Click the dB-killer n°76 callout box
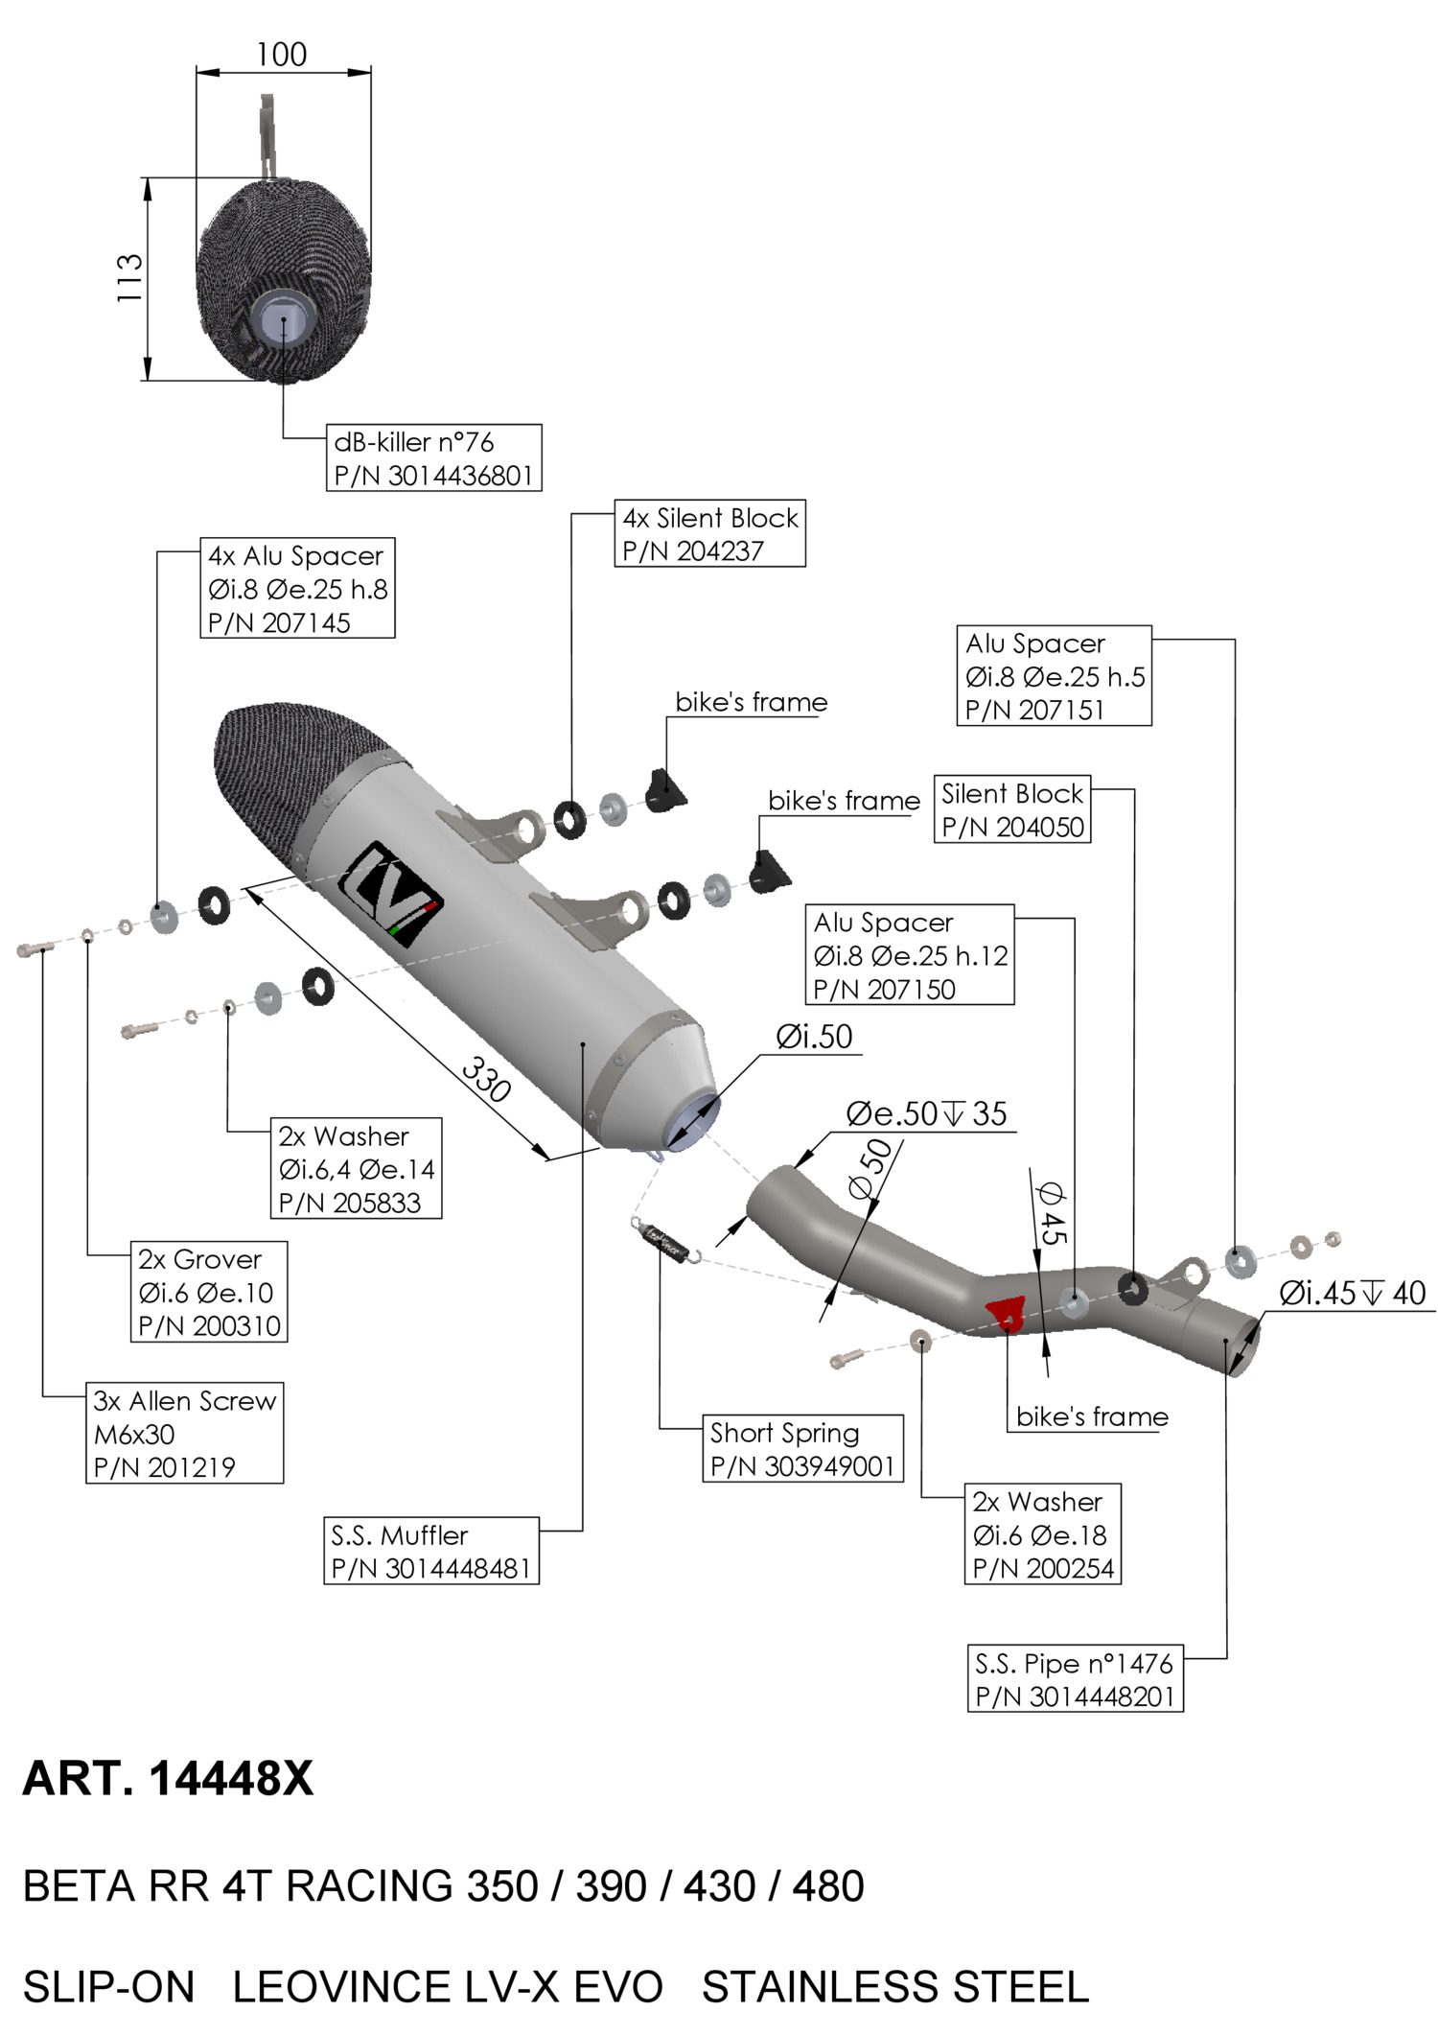coord(433,458)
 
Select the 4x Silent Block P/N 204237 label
coord(709,534)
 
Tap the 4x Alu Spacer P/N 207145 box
coord(297,589)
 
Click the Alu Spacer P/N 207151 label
coord(1054,676)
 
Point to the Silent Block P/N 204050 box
coord(1012,810)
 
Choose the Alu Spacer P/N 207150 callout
coord(909,955)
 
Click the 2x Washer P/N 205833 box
coord(356,1169)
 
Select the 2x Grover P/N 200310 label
coord(209,1292)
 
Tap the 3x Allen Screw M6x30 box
coord(184,1433)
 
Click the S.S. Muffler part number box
coord(431,1551)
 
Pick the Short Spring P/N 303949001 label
coord(802,1449)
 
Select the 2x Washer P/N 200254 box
coord(1042,1534)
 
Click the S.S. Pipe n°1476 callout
coord(1075,1679)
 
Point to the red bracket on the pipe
coord(1008,1314)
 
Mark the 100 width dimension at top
coord(282,55)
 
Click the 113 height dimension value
coord(130,278)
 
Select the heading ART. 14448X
coord(168,1779)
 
